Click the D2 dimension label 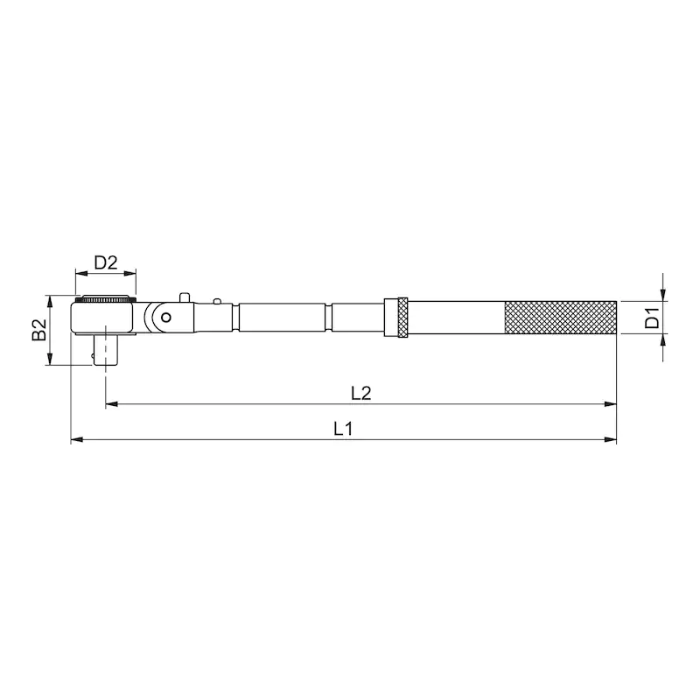(106, 262)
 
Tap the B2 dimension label (39, 330)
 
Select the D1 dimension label (652, 318)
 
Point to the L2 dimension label (360, 393)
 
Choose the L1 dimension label (343, 429)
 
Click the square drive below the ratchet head (105, 351)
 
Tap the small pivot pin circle (166, 318)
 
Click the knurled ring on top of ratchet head (105, 299)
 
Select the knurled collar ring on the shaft (402, 318)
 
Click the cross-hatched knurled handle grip (561, 318)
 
